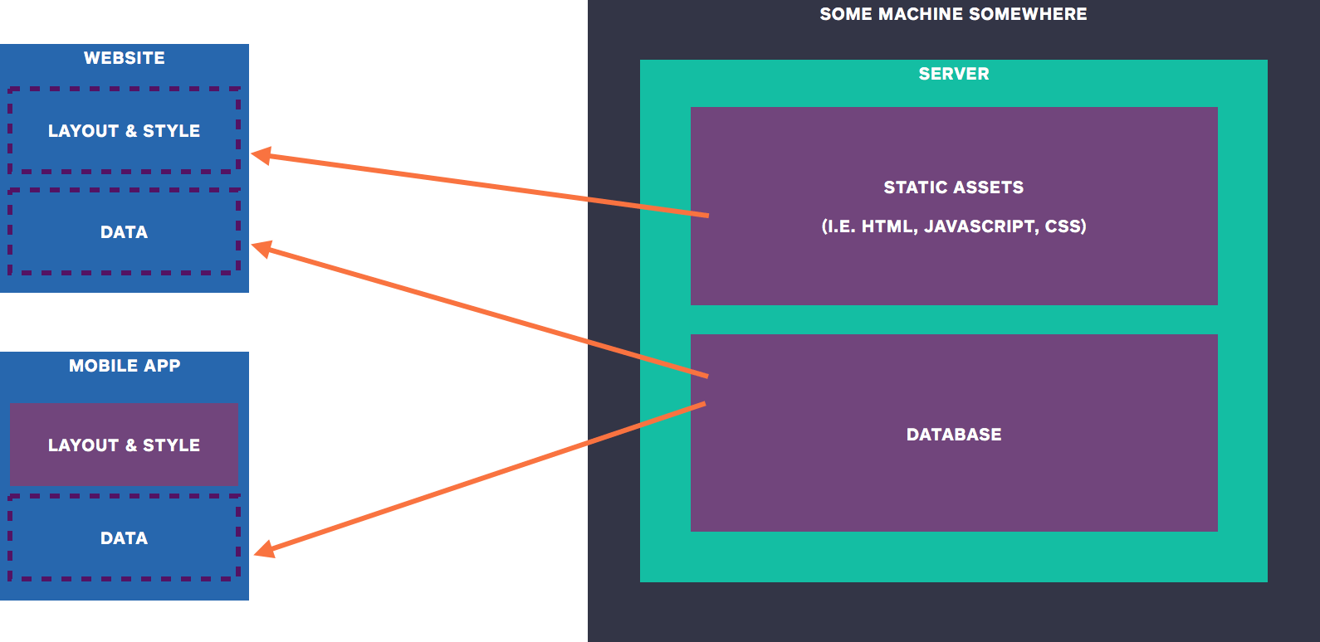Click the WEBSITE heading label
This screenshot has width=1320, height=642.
pyautogui.click(x=125, y=58)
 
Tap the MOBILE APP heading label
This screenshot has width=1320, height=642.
pyautogui.click(x=125, y=366)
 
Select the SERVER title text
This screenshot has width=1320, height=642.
pyautogui.click(x=954, y=74)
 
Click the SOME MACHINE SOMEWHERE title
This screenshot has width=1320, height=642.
pyautogui.click(x=953, y=14)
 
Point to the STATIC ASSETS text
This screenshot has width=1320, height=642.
pyautogui.click(x=953, y=187)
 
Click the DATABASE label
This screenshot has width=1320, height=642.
pyautogui.click(x=954, y=435)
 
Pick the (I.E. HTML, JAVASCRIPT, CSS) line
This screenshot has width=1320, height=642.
pyautogui.click(x=954, y=226)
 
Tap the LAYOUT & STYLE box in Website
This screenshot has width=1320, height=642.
pyautogui.click(x=125, y=131)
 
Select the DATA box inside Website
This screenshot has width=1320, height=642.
pyautogui.click(x=125, y=232)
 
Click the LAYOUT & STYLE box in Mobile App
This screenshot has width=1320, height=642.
pyautogui.click(x=125, y=445)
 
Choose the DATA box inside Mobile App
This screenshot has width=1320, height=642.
pyautogui.click(x=125, y=538)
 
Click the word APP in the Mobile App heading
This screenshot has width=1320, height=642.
pyautogui.click(x=162, y=366)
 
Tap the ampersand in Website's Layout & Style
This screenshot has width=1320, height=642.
pyautogui.click(x=131, y=131)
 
